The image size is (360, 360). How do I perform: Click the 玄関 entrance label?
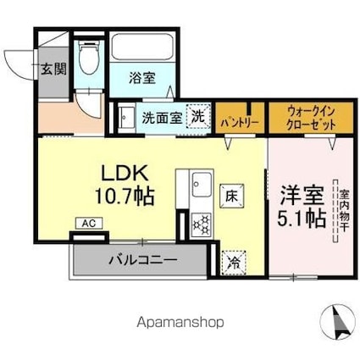[x=53, y=69]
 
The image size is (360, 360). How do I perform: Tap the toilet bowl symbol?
[x=87, y=60]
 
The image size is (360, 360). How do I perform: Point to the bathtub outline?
[x=143, y=47]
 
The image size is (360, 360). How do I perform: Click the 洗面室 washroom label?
[x=161, y=118]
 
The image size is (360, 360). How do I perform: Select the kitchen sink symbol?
[x=203, y=184]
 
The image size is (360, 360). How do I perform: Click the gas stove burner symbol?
[x=202, y=224]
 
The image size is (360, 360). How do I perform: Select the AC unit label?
[x=88, y=224]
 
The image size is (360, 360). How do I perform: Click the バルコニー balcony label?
[x=142, y=258]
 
